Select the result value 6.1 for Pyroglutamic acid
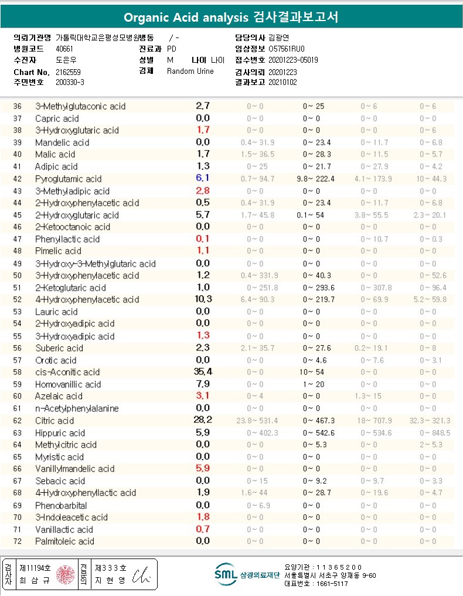tap(203, 179)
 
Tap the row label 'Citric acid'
tap(55, 421)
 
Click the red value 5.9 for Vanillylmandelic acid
tap(203, 468)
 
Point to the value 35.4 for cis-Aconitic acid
tap(203, 372)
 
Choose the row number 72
tap(17, 541)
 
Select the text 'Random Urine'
tap(190, 71)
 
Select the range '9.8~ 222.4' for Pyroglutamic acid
tap(316, 179)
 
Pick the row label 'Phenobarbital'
tap(61, 505)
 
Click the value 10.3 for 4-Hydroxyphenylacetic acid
tap(203, 299)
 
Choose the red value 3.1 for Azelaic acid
tap(203, 396)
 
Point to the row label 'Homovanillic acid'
tap(68, 384)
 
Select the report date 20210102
tap(282, 82)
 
